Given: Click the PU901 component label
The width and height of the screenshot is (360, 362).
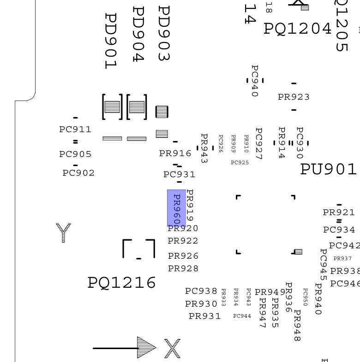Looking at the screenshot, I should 329,169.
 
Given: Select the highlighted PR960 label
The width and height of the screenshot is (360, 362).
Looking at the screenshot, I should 176,208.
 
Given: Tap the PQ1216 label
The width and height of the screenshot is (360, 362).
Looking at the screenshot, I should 122,283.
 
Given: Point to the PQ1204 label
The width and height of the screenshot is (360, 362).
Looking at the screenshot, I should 298,29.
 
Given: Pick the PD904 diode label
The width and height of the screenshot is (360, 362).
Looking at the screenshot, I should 138,34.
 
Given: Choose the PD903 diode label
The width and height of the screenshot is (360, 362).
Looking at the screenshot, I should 164,34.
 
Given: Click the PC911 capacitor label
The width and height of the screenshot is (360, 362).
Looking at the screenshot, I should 75,130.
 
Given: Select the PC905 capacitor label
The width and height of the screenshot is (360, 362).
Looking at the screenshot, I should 75,154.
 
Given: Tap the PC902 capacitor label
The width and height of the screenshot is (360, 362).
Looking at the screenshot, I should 78,173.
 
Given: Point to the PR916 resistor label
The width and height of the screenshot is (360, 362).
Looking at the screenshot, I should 175,154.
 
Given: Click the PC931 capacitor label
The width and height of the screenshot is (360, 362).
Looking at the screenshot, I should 179,175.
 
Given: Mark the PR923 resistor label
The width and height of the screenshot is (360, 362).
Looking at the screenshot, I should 294,97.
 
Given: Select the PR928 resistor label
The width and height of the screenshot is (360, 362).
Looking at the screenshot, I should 183,268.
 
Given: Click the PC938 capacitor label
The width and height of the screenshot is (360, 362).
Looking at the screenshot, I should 201,291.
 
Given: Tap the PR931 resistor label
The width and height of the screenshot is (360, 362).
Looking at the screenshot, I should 205,316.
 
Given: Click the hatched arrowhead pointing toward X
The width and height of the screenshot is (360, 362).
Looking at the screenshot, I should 147,348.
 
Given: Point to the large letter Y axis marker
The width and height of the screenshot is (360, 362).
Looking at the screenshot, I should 63,232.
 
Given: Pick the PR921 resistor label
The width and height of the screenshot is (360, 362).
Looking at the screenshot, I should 339,213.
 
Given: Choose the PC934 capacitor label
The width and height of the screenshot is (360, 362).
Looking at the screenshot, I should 339,230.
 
